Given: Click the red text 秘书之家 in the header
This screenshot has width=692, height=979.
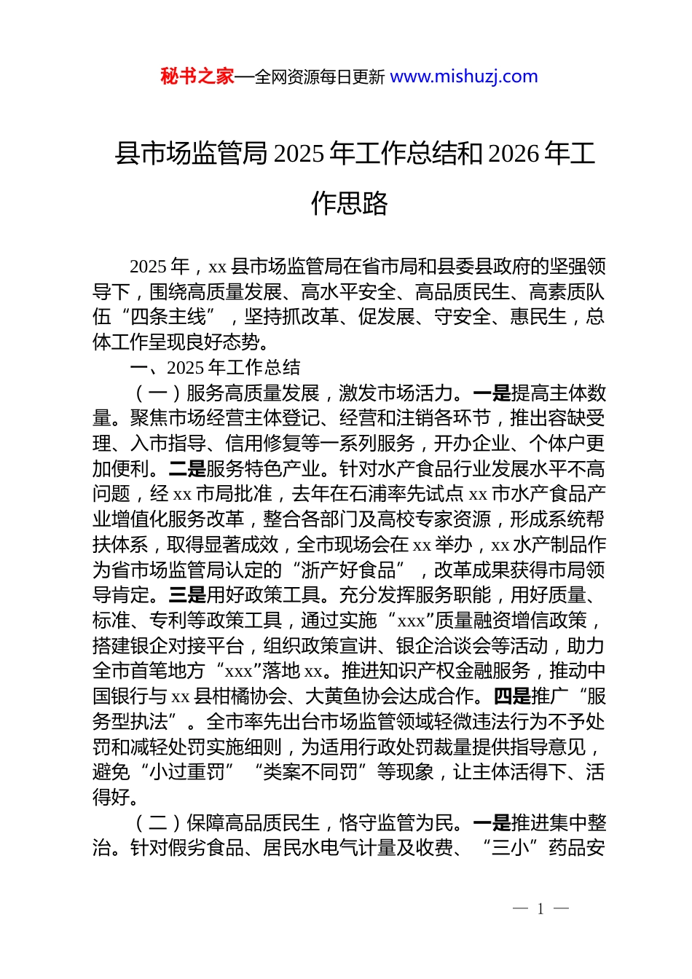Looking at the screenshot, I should (197, 76).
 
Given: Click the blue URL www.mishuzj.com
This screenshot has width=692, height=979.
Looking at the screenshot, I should (464, 76).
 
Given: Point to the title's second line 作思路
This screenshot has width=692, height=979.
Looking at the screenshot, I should (349, 203).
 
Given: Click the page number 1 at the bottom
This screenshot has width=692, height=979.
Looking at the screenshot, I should (540, 908).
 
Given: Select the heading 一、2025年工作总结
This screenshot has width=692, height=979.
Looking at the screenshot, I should (215, 367).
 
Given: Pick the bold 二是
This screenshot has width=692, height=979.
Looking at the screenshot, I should (187, 469).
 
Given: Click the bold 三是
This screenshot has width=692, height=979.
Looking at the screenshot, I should (187, 595).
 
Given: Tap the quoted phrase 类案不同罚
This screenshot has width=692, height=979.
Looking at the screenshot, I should (311, 772).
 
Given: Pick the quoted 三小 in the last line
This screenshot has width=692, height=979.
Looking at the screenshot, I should (511, 848).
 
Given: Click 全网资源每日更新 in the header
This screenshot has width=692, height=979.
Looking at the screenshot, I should (320, 76).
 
